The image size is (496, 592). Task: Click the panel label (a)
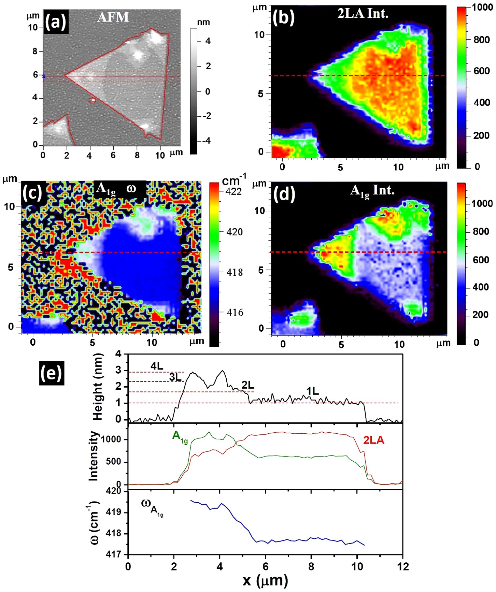[56, 22]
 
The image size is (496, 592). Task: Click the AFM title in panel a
[113, 17]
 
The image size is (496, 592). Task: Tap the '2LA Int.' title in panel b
[363, 13]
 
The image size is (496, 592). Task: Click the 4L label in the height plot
[157, 366]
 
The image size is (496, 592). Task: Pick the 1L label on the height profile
[312, 391]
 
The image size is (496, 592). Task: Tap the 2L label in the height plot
[247, 385]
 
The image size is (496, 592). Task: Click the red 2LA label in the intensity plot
[373, 440]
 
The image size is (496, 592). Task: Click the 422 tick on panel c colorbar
[233, 191]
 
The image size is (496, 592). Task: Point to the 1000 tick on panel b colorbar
[482, 8]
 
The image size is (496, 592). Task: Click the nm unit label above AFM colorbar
[203, 22]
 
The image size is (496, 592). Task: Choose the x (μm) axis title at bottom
[265, 580]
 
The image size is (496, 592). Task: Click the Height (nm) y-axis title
[98, 387]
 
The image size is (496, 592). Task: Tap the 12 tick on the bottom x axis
[403, 566]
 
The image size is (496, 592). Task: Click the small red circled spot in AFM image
[92, 100]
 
